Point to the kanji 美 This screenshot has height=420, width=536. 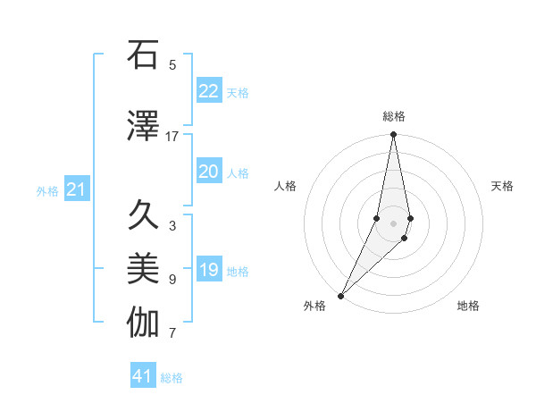click(x=143, y=269)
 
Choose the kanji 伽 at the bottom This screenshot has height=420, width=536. click(x=143, y=323)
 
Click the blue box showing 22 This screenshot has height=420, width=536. click(x=209, y=91)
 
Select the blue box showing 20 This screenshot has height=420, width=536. click(x=209, y=172)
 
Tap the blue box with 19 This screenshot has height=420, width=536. click(x=209, y=271)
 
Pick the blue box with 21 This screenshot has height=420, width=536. click(x=76, y=189)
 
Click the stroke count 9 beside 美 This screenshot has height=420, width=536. click(x=172, y=280)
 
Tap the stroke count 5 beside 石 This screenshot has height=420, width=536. click(x=172, y=65)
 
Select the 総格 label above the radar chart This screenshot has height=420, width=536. click(x=393, y=116)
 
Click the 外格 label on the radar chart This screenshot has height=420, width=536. click(x=314, y=306)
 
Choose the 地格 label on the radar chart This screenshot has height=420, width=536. click(x=468, y=306)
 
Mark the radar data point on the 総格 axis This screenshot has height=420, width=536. click(x=393, y=135)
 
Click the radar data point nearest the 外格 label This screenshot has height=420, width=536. click(x=340, y=295)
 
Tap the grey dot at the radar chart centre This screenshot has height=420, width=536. click(x=393, y=223)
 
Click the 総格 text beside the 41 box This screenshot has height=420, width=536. click(x=172, y=378)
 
